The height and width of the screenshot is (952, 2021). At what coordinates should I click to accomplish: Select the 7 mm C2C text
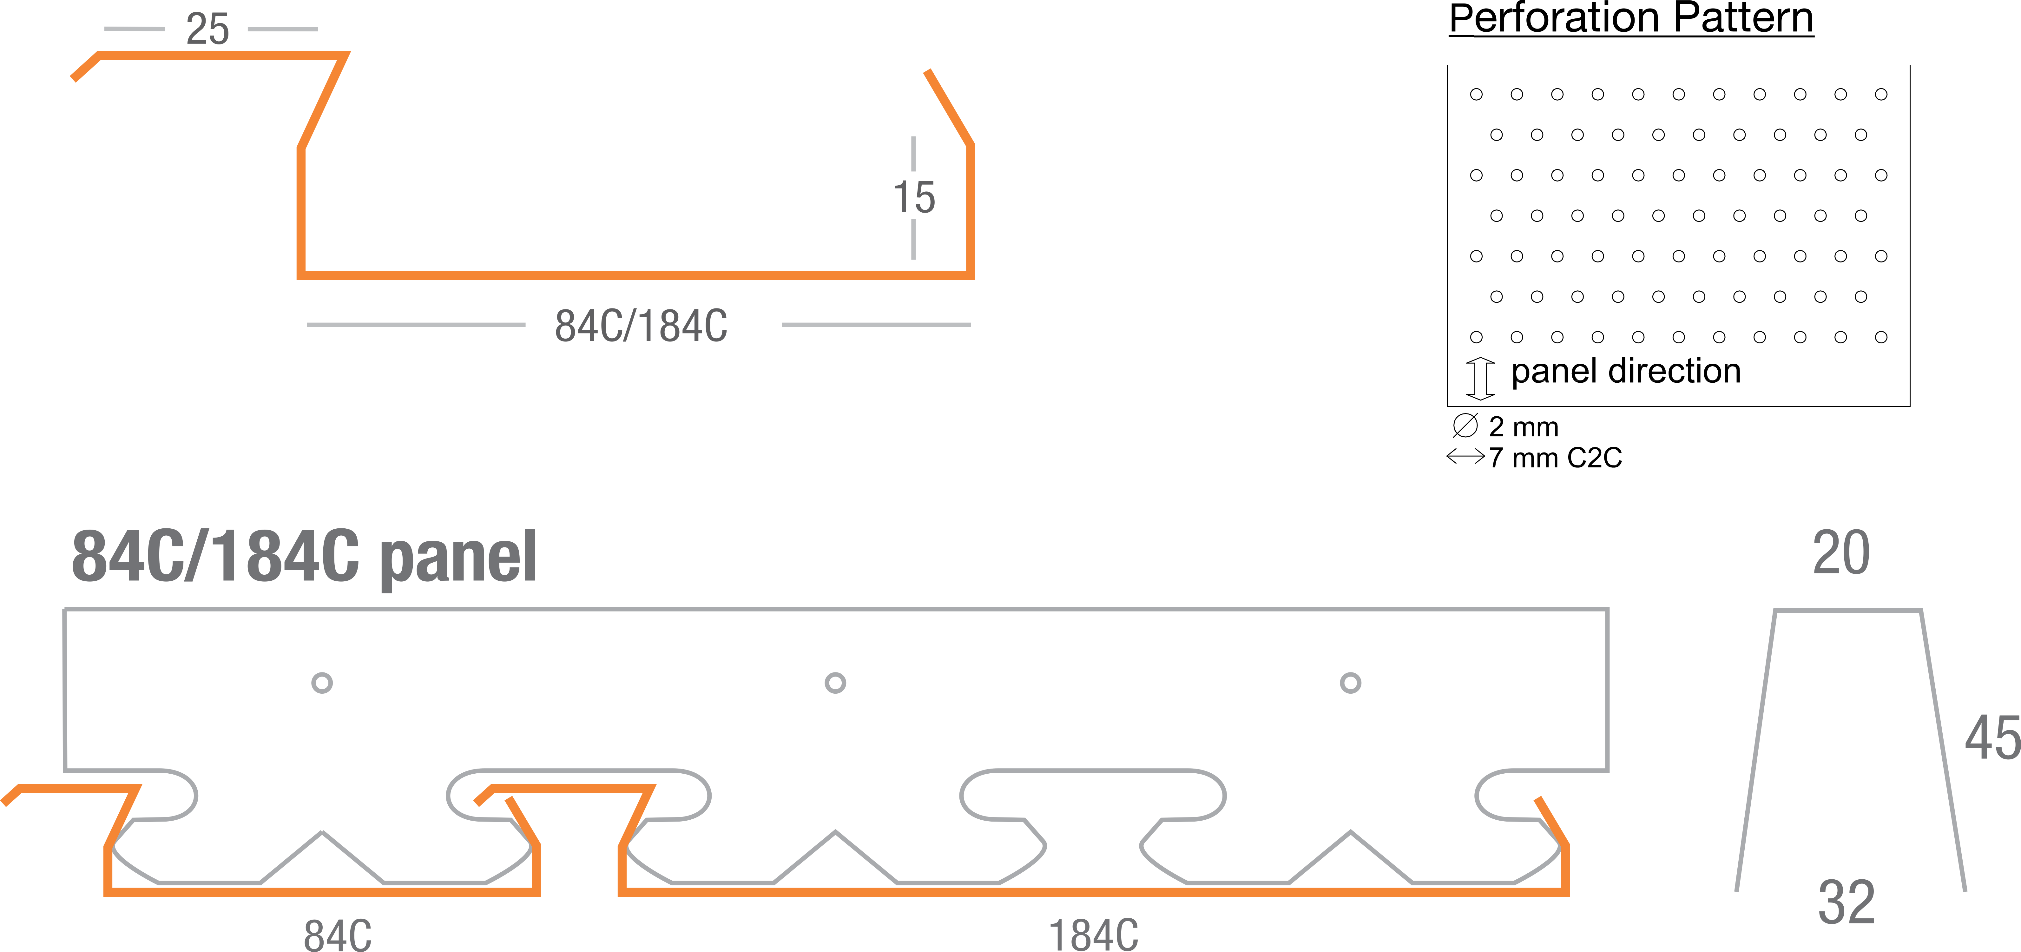click(1555, 458)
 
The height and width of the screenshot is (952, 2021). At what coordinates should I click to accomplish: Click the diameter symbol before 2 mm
click(1465, 425)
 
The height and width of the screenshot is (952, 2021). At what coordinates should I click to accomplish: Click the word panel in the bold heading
click(458, 557)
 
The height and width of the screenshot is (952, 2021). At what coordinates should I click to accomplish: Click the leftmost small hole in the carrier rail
click(322, 683)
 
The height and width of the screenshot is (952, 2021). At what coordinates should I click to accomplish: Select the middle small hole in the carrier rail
click(836, 683)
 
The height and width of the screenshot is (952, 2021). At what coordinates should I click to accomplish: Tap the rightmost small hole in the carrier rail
click(1350, 683)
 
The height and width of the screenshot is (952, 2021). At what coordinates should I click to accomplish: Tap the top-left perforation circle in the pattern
click(1477, 94)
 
